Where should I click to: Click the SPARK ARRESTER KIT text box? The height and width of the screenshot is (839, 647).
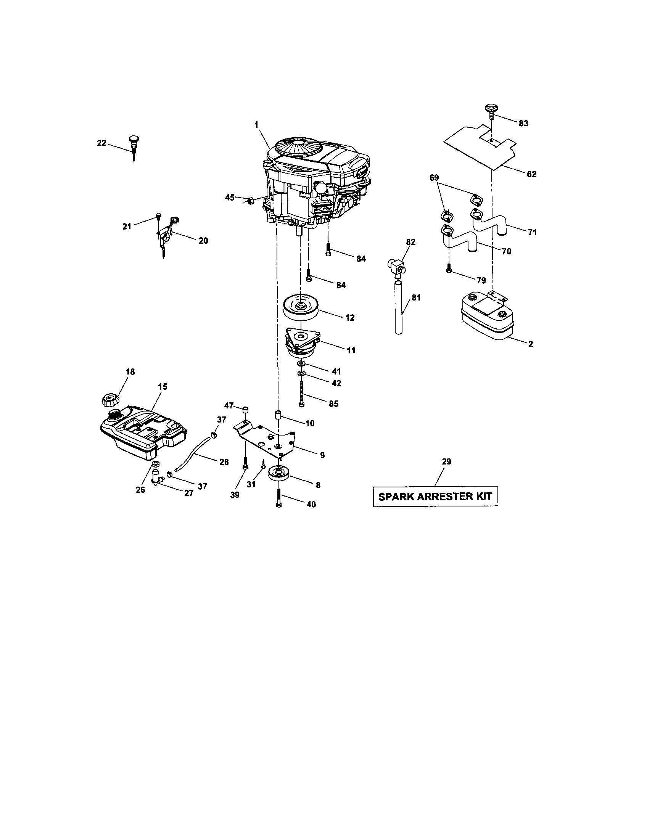435,496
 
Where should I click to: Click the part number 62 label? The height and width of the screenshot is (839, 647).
531,174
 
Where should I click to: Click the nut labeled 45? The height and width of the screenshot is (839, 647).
250,201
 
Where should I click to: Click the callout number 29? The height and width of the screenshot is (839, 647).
446,461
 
